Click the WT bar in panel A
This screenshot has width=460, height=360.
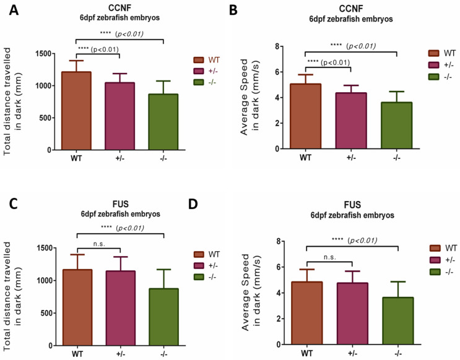coord(76,111)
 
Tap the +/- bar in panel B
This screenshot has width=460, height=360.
coord(350,121)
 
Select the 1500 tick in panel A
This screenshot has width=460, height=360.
coord(43,53)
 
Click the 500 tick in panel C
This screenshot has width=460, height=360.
coord(45,312)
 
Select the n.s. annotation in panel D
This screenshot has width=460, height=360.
coord(329,255)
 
